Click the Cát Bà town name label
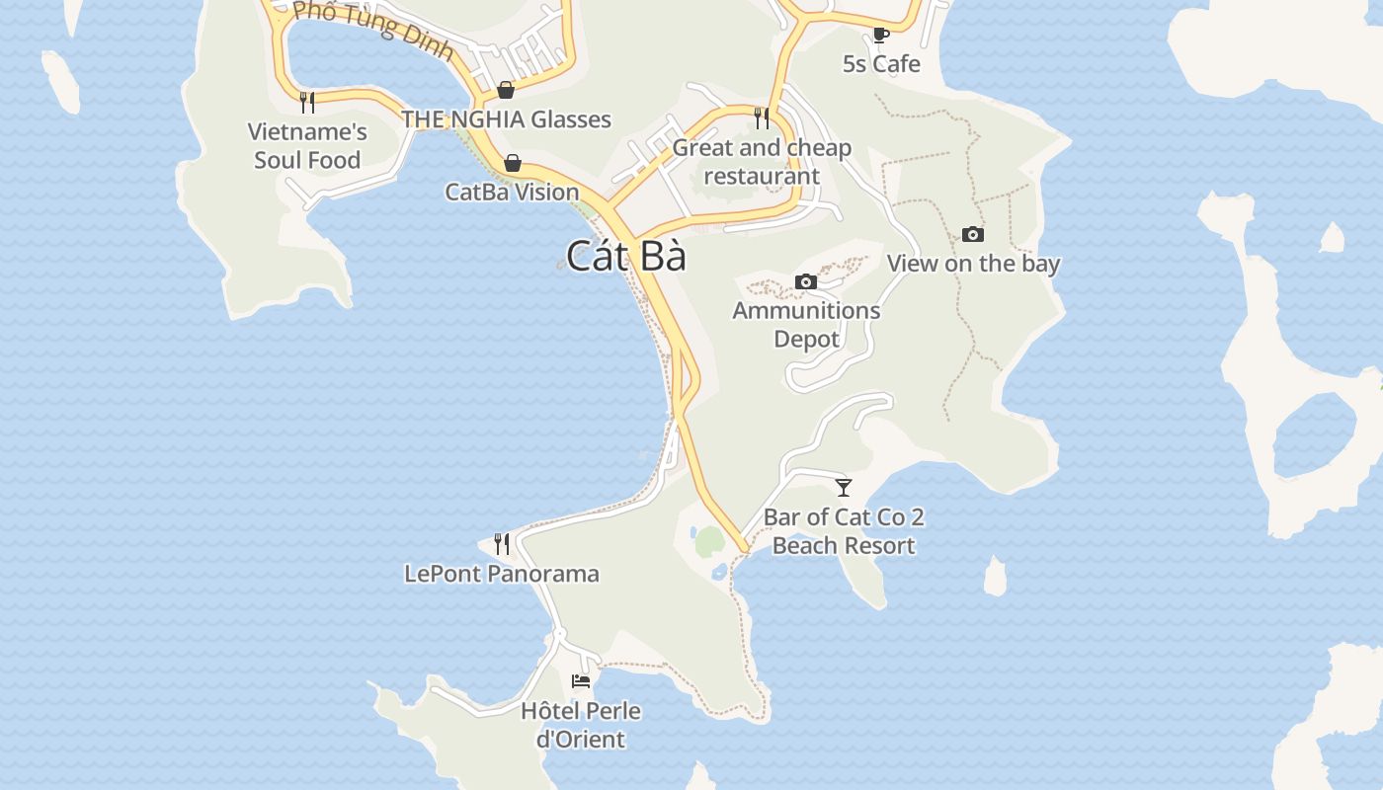coord(625,257)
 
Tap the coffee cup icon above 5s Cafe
coord(881,36)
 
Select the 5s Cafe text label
coord(881,64)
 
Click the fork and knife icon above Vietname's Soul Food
coord(307,101)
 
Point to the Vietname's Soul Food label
coord(307,145)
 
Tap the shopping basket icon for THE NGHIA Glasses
coord(506,91)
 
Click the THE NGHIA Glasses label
coord(506,119)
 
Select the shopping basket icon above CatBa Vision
coord(513,163)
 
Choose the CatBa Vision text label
coord(512,192)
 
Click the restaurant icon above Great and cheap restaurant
coord(762,118)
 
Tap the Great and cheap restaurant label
coord(762,162)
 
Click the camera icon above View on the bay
coord(973,235)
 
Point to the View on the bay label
coord(973,264)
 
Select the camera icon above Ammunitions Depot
coord(806,282)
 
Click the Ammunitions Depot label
coord(806,324)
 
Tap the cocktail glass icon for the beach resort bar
coord(844,488)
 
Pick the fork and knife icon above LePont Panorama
coord(502,544)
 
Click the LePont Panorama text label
coord(502,574)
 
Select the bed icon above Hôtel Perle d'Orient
coord(581,681)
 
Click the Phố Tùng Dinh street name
coord(373,30)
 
